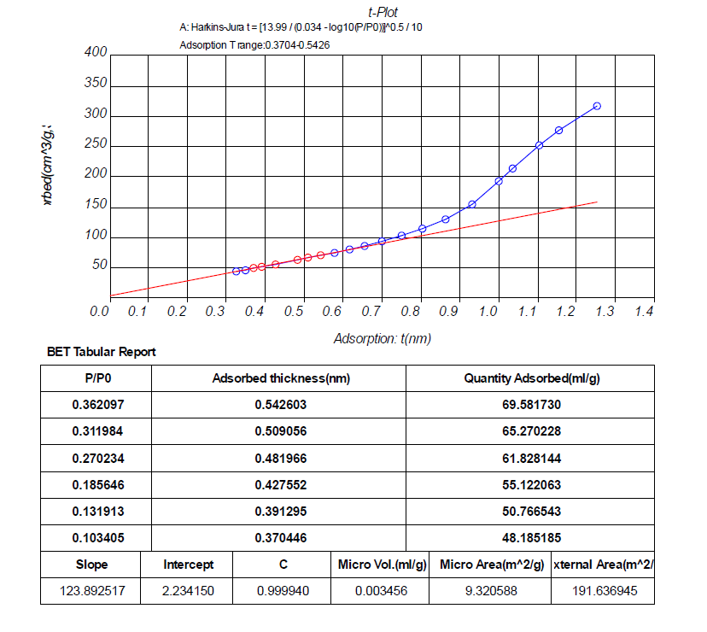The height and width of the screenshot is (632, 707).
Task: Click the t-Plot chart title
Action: [x=383, y=13]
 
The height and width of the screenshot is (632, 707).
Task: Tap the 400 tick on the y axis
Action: [x=96, y=53]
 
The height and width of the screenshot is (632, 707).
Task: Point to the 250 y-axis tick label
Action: [x=96, y=144]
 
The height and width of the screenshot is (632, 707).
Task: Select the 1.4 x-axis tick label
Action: [x=644, y=312]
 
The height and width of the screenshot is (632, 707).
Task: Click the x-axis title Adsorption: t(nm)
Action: [x=382, y=338]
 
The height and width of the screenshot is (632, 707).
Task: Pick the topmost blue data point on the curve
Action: [x=597, y=106]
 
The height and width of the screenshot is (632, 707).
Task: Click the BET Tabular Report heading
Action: [x=99, y=352]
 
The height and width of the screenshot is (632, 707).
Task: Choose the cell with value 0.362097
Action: [x=96, y=405]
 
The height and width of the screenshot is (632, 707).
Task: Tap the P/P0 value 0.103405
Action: [x=96, y=537]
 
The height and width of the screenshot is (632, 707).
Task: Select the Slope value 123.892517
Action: [x=92, y=590]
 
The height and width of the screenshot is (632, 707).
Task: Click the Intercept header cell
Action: [x=188, y=565]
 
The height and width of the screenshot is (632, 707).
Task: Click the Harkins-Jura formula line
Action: [x=301, y=27]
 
